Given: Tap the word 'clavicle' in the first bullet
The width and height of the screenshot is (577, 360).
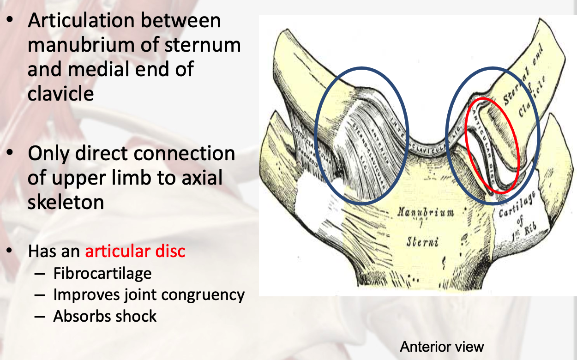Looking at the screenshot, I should point(60,93).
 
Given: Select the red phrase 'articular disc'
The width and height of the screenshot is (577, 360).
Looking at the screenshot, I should point(135,251).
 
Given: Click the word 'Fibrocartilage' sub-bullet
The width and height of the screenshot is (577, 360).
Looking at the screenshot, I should point(102,273).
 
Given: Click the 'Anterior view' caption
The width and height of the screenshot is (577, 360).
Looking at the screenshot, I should point(442,347).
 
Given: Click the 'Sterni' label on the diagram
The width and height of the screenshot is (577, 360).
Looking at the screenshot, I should point(423,241).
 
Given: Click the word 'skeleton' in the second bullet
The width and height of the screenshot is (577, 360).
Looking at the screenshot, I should point(66,202).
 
